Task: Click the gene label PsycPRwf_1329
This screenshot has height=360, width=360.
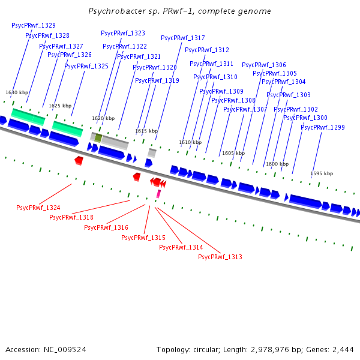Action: [x=34, y=25]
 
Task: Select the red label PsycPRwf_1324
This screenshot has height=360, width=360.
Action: [x=38, y=208]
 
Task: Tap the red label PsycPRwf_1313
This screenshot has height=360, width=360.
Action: [x=220, y=257]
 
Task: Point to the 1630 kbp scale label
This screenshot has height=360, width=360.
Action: [x=17, y=92]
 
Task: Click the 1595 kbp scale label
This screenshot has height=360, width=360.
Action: [x=322, y=173]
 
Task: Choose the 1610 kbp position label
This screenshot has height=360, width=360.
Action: [x=190, y=142]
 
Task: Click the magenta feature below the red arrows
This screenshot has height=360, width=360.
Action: [x=158, y=194]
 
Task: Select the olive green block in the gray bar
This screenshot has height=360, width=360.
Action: [x=98, y=138]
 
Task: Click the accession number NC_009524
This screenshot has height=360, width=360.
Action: [x=65, y=350]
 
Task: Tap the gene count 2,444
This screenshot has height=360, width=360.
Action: [x=343, y=350]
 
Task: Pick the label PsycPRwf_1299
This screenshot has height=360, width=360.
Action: [x=323, y=127]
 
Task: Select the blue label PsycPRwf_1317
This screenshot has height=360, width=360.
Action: [x=183, y=38]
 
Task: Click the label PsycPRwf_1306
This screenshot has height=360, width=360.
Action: [x=264, y=65]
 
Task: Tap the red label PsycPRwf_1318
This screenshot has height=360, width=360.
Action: [x=71, y=217]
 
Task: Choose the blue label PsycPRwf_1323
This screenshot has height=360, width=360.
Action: [x=123, y=33]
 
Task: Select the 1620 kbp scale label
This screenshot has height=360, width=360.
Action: [x=103, y=118]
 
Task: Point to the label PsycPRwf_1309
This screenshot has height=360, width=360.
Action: [x=221, y=91]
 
